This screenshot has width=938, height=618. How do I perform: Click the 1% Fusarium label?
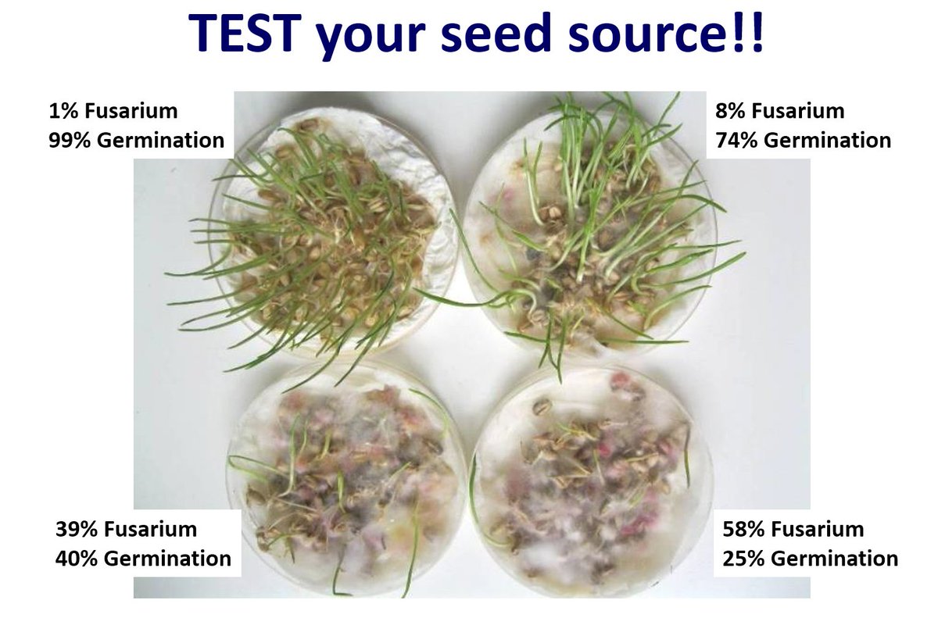coord(113,111)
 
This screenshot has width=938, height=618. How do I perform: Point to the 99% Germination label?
coord(136,141)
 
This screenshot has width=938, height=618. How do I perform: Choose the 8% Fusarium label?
coord(779,111)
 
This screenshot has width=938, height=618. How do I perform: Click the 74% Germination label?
coord(803,141)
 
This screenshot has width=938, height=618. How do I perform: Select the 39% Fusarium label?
coord(126,529)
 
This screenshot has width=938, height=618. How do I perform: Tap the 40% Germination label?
coord(143,559)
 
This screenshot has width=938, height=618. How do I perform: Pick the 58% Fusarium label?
coord(793,529)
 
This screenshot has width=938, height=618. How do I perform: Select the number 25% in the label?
coord(742,559)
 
